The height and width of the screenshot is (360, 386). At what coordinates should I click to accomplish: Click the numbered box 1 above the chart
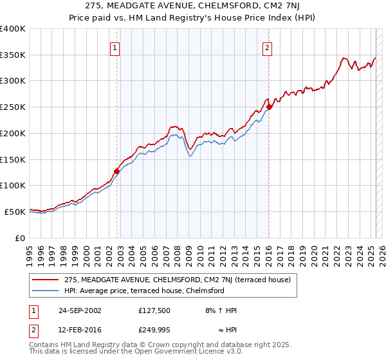tap(115, 47)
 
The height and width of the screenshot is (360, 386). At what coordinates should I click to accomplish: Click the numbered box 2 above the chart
tap(266, 47)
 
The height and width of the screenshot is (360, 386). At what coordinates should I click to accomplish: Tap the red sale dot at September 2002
tap(117, 171)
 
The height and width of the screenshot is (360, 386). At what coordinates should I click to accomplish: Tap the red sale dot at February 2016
tap(270, 107)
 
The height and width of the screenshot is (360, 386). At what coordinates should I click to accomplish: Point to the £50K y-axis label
tap(15, 212)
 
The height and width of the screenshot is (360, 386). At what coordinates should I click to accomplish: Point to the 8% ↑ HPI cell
tap(221, 310)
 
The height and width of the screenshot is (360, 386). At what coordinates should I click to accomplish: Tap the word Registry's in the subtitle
tap(226, 18)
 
